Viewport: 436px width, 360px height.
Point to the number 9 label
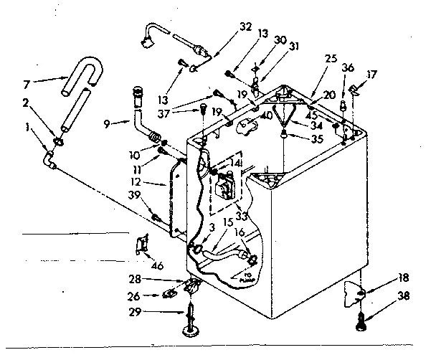tap(106, 123)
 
